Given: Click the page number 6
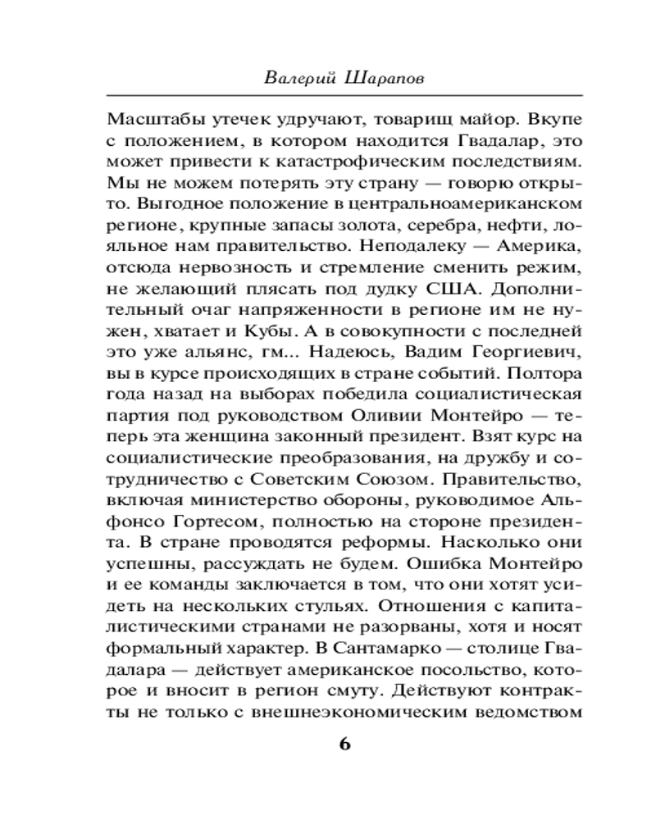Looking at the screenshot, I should click(x=344, y=744).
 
